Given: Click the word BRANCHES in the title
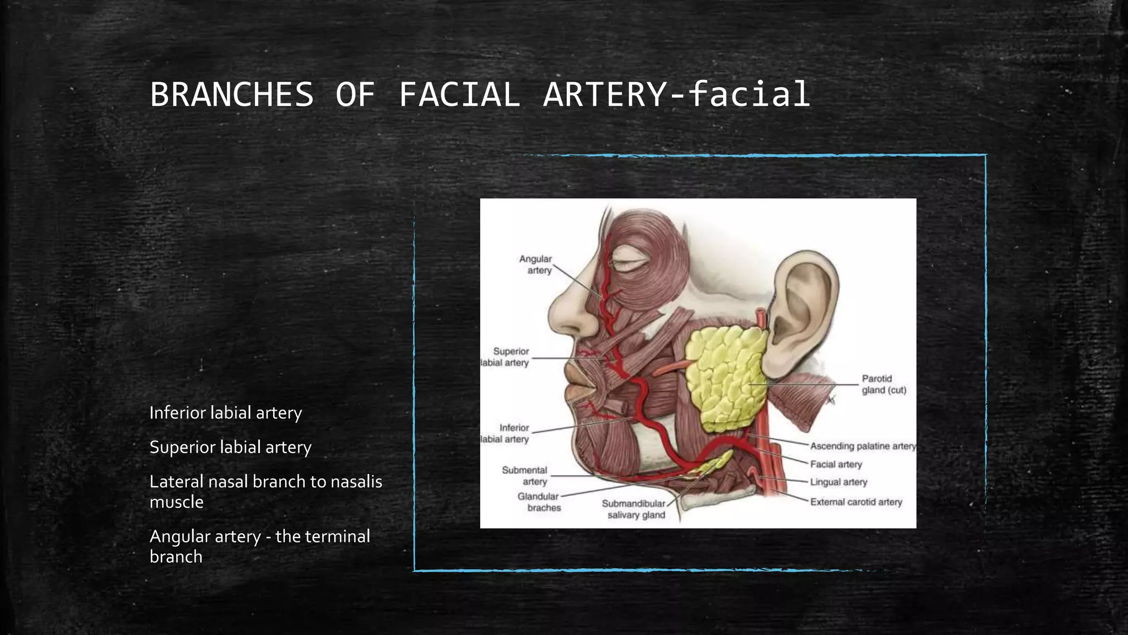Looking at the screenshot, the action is [x=232, y=94].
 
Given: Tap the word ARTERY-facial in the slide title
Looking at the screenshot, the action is [x=676, y=94].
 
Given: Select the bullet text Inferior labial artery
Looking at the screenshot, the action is [x=226, y=413].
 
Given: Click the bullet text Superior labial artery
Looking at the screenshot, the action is [x=230, y=447].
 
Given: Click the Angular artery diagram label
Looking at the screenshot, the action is [x=536, y=265].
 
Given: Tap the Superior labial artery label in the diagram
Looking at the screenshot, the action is [x=506, y=357].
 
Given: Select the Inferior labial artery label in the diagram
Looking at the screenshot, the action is [x=506, y=433].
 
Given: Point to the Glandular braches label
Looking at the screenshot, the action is [x=539, y=502].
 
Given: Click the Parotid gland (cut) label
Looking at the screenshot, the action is [x=883, y=384].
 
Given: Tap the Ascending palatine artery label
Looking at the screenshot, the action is [x=863, y=446].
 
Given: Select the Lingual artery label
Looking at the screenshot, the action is [x=838, y=482].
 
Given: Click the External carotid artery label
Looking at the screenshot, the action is [x=856, y=502].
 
